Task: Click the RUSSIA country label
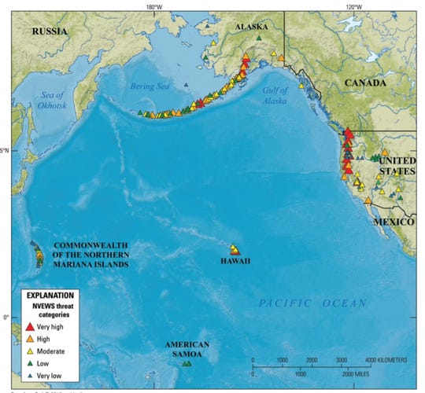tap(49, 31)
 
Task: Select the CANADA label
tap(364, 83)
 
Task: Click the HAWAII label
tap(234, 261)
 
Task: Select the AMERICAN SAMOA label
tap(187, 349)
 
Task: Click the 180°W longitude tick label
tap(155, 7)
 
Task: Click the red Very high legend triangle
tap(30, 325)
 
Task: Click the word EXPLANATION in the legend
tap(50, 295)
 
